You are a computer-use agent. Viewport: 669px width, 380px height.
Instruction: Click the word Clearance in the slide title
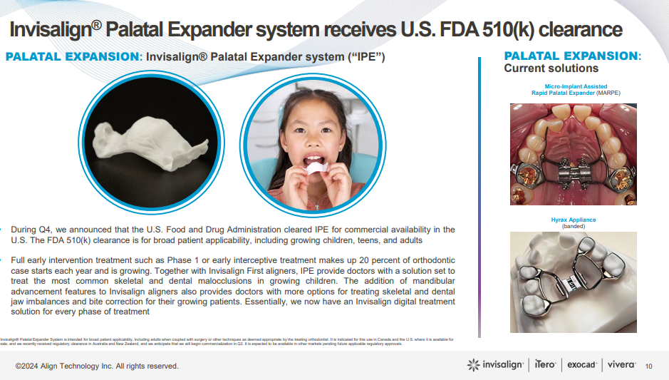coord(577,30)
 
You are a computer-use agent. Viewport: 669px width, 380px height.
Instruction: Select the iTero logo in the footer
coord(546,365)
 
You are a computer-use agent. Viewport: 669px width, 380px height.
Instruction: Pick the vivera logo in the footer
coord(621,365)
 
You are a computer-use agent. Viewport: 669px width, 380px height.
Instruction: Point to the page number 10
coord(648,366)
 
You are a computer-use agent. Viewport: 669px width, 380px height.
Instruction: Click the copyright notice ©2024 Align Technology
coord(97,366)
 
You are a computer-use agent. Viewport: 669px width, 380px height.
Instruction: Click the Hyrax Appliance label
coord(573,220)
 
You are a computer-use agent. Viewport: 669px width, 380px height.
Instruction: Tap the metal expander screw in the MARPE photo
coord(574,173)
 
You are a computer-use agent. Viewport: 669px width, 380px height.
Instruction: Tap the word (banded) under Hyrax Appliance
coord(573,227)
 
